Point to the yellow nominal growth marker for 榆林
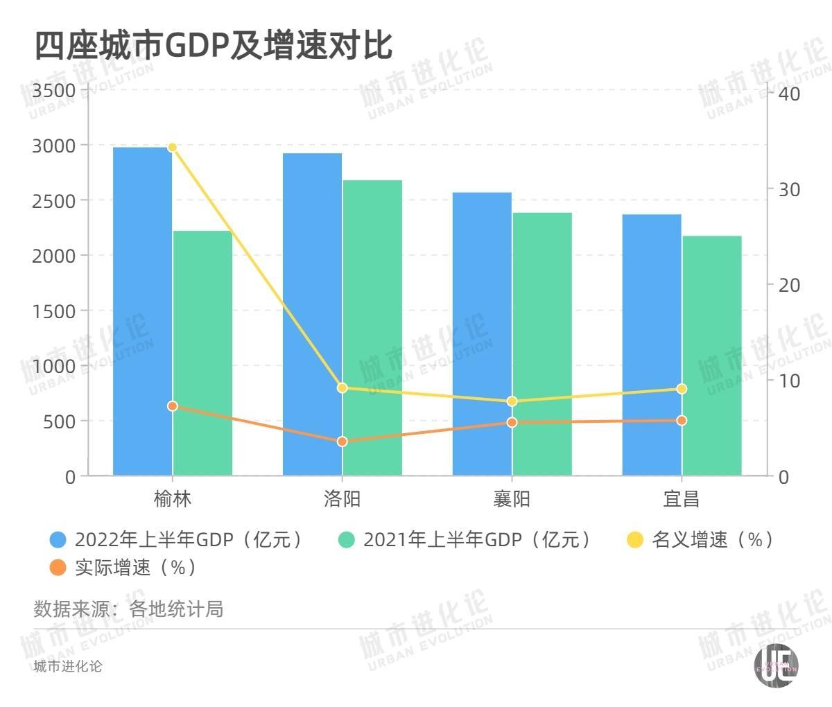(x=173, y=147)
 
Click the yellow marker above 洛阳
(x=342, y=387)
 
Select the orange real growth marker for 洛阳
(x=342, y=442)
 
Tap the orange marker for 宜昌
(x=682, y=421)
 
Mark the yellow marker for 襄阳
(x=512, y=401)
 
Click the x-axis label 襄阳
(x=512, y=499)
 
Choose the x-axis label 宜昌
(x=682, y=499)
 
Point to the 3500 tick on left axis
(x=53, y=91)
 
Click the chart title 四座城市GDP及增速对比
(x=214, y=46)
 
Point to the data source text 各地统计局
(x=176, y=609)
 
